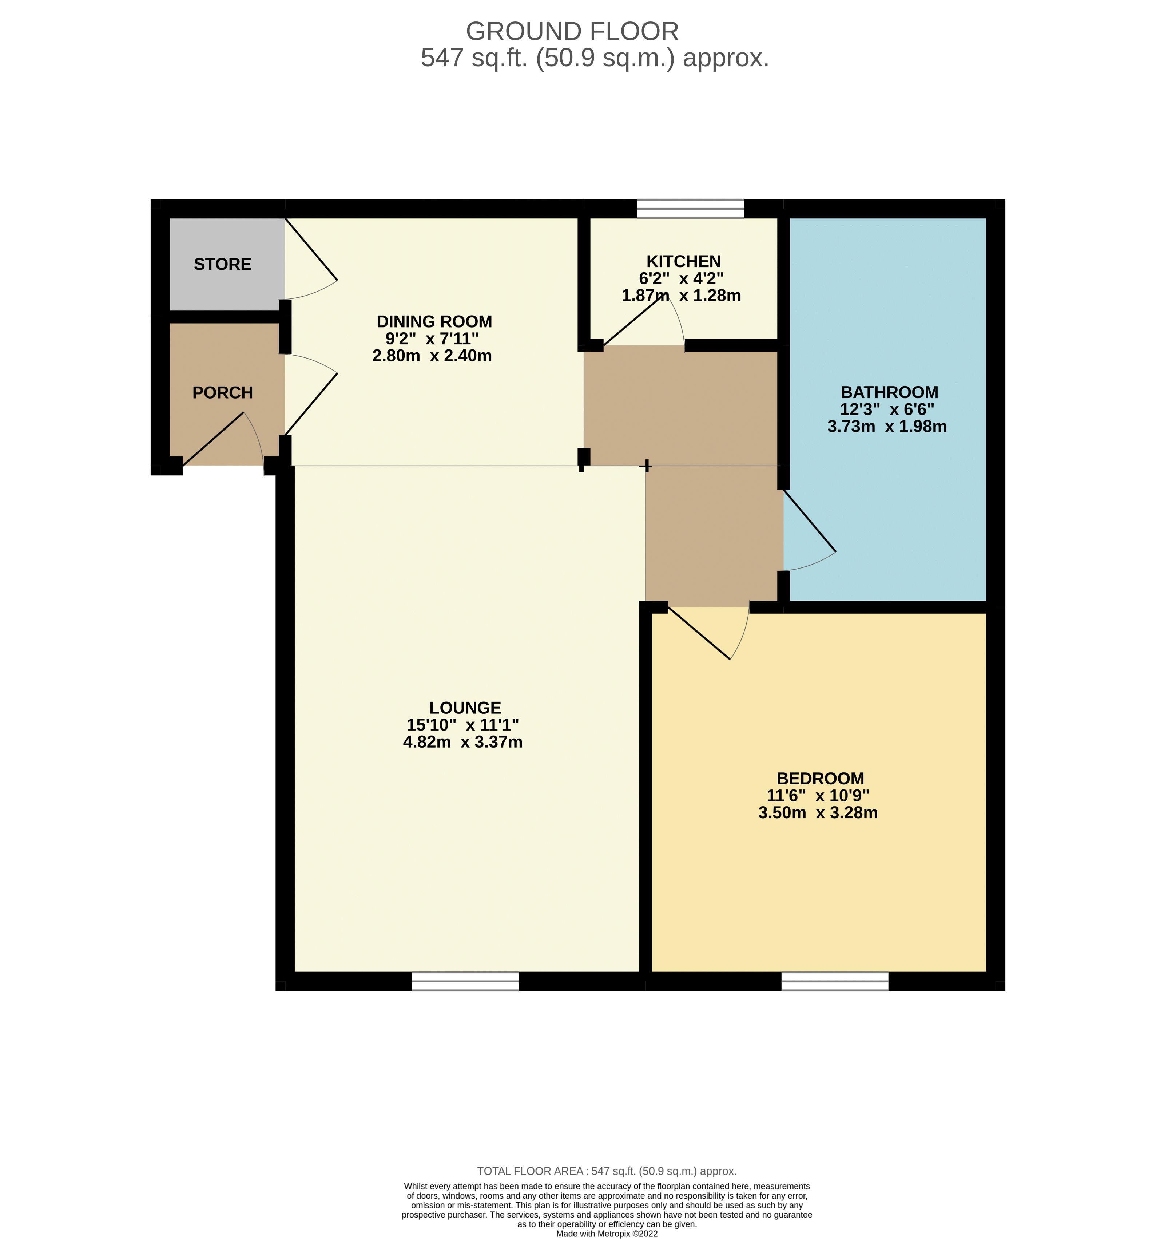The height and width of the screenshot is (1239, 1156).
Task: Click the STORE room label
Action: [222, 264]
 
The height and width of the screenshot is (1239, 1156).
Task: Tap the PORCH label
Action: [222, 393]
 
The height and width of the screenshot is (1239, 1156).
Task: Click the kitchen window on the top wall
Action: [691, 209]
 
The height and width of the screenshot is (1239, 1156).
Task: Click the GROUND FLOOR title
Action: [572, 31]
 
